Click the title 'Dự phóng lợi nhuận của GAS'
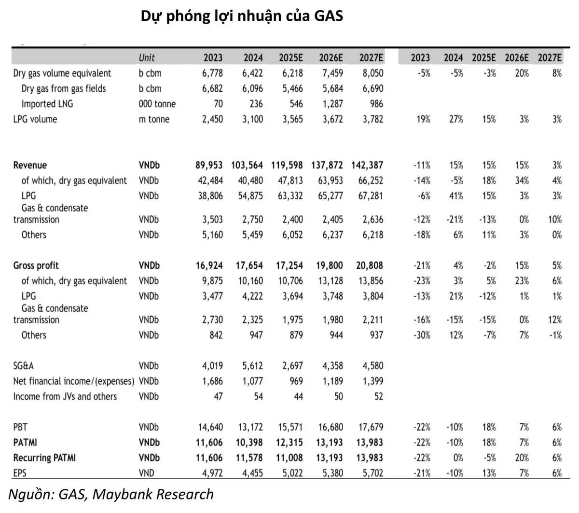pos(241,16)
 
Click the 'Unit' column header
pos(146,58)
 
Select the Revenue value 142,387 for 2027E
pos(367,165)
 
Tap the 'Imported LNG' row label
pos(47,104)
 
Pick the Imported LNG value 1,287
pos(332,104)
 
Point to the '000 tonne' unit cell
pos(157,104)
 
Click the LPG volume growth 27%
pos(456,119)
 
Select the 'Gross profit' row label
pos(36,265)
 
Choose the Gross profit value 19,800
pos(329,265)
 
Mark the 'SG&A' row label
pos(24,365)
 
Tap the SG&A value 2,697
pos(292,365)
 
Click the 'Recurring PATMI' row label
pos(44,458)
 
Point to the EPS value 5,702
pos(373,473)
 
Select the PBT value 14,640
pos(210,427)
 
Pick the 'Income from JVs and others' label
pos(65,396)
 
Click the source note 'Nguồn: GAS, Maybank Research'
pos(111,495)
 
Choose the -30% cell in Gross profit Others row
pos(422,335)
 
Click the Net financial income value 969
pos(296,381)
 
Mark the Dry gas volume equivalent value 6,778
pos(212,73)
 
